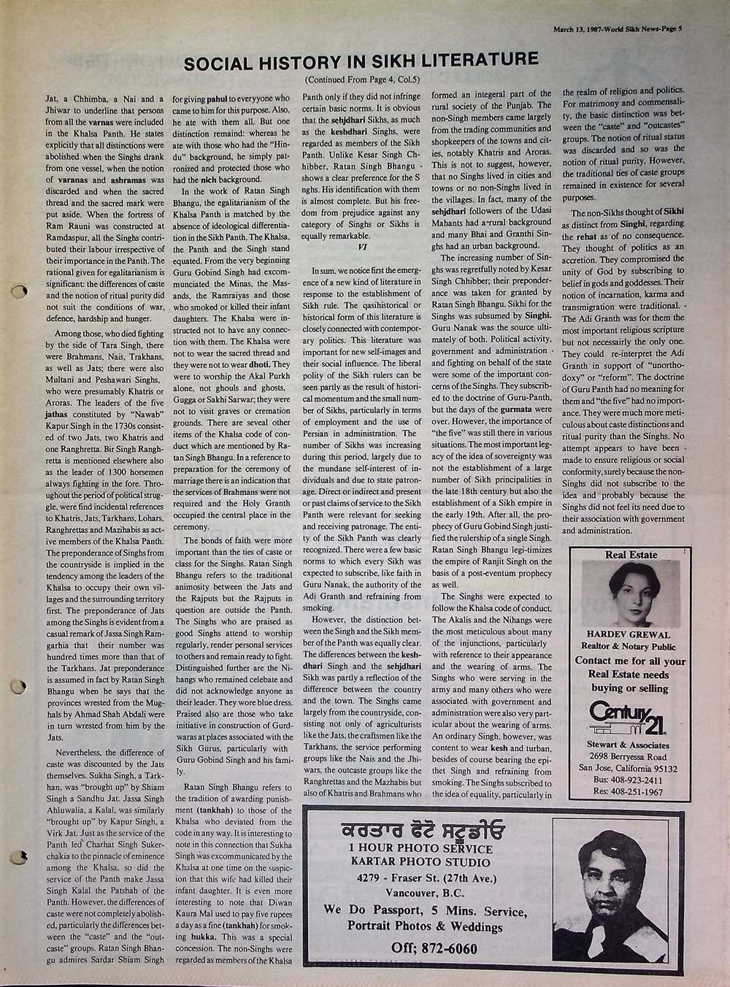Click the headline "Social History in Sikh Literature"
tap(361, 62)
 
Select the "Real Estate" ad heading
tap(631, 555)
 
